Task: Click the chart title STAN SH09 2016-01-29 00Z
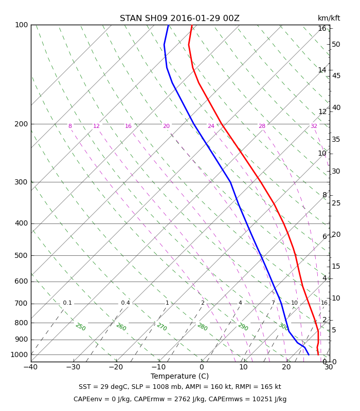click(x=179, y=18)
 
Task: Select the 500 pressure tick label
click(x=21, y=255)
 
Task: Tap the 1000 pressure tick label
click(x=19, y=354)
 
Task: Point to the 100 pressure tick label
click(x=21, y=25)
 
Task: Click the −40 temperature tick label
click(x=31, y=367)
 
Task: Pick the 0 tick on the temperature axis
click(x=202, y=367)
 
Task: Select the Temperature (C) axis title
click(x=179, y=376)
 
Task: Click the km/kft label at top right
click(x=329, y=18)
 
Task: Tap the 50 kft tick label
click(x=336, y=44)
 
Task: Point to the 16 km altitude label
click(x=322, y=28)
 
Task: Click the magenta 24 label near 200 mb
click(x=211, y=126)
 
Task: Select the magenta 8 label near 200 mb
click(x=70, y=126)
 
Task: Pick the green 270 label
click(x=162, y=327)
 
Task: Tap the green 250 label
click(x=81, y=327)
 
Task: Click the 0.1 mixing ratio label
click(x=67, y=303)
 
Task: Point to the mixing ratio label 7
click(x=273, y=303)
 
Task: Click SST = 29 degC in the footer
click(x=103, y=387)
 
